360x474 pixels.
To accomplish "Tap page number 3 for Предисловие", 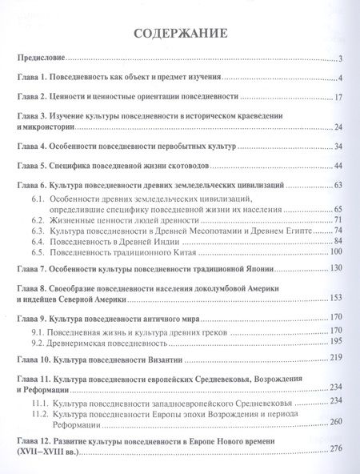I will tap(340, 58).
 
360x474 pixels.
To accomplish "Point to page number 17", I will tap(338, 98).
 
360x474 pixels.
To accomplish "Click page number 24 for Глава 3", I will tap(338, 128).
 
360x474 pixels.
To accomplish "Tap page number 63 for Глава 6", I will tap(338, 186).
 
